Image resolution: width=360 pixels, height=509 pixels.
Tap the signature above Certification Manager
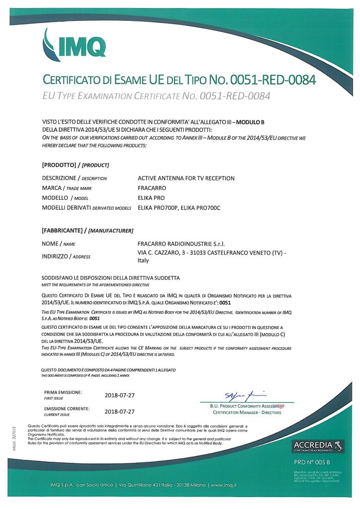point(246,396)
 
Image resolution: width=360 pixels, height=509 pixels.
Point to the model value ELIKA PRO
point(152,199)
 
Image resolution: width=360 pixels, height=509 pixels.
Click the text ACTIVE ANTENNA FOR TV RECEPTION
point(186,178)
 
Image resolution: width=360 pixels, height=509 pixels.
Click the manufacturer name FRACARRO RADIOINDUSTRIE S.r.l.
point(180,244)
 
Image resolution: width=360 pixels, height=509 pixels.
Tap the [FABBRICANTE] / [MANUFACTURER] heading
point(88,231)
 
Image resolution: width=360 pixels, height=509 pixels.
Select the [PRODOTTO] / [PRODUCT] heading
point(76,165)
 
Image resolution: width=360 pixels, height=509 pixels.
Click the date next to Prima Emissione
point(120,395)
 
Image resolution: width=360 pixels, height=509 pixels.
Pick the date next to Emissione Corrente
point(120,412)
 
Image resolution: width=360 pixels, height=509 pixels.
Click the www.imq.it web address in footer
point(231,485)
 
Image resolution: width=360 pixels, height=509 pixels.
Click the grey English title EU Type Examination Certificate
point(157,96)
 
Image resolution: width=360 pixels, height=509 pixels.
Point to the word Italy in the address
point(143,260)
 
